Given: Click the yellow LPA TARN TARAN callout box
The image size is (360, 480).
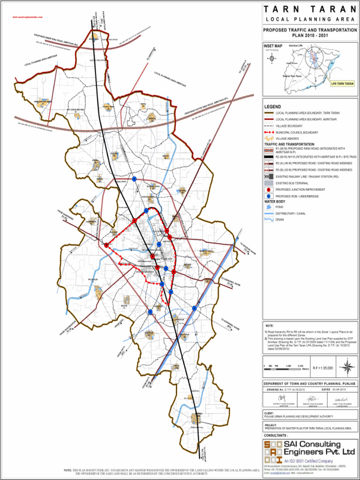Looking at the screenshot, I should (343, 83).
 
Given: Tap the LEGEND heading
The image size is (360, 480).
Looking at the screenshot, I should (272, 107).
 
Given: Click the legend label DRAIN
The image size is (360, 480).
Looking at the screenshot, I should (280, 219).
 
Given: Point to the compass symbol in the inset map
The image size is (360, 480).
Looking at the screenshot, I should (272, 59).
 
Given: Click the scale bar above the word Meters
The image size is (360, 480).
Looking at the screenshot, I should (284, 366).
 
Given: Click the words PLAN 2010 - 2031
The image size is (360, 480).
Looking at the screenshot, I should (309, 35).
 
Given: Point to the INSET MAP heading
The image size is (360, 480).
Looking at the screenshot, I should (272, 46).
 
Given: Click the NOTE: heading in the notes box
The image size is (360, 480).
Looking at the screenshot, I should (269, 325).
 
